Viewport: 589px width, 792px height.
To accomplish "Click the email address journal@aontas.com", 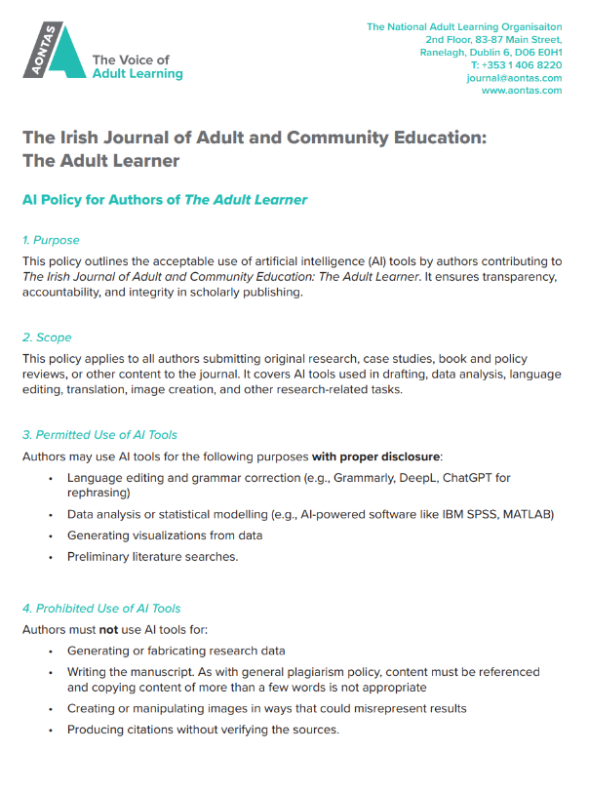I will [x=514, y=77].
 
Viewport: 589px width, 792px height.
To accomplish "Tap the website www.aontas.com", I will [x=522, y=90].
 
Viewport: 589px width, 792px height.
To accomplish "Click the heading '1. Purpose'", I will [x=51, y=240].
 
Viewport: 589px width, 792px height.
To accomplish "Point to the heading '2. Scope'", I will [x=47, y=337].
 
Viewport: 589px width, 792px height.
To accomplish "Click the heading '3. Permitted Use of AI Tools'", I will [x=99, y=434].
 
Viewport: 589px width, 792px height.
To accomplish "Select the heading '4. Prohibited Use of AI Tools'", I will [x=101, y=609].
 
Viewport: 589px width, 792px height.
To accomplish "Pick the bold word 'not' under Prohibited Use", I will [x=108, y=630].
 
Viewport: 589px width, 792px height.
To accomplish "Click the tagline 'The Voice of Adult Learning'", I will [x=137, y=66].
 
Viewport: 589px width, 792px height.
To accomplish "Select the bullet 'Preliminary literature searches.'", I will [x=152, y=557].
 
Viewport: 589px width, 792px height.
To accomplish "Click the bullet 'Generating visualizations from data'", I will [x=165, y=535].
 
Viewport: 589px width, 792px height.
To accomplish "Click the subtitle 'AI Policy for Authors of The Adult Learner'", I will [x=165, y=199].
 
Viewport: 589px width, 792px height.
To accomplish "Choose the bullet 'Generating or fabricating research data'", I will [x=177, y=651].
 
